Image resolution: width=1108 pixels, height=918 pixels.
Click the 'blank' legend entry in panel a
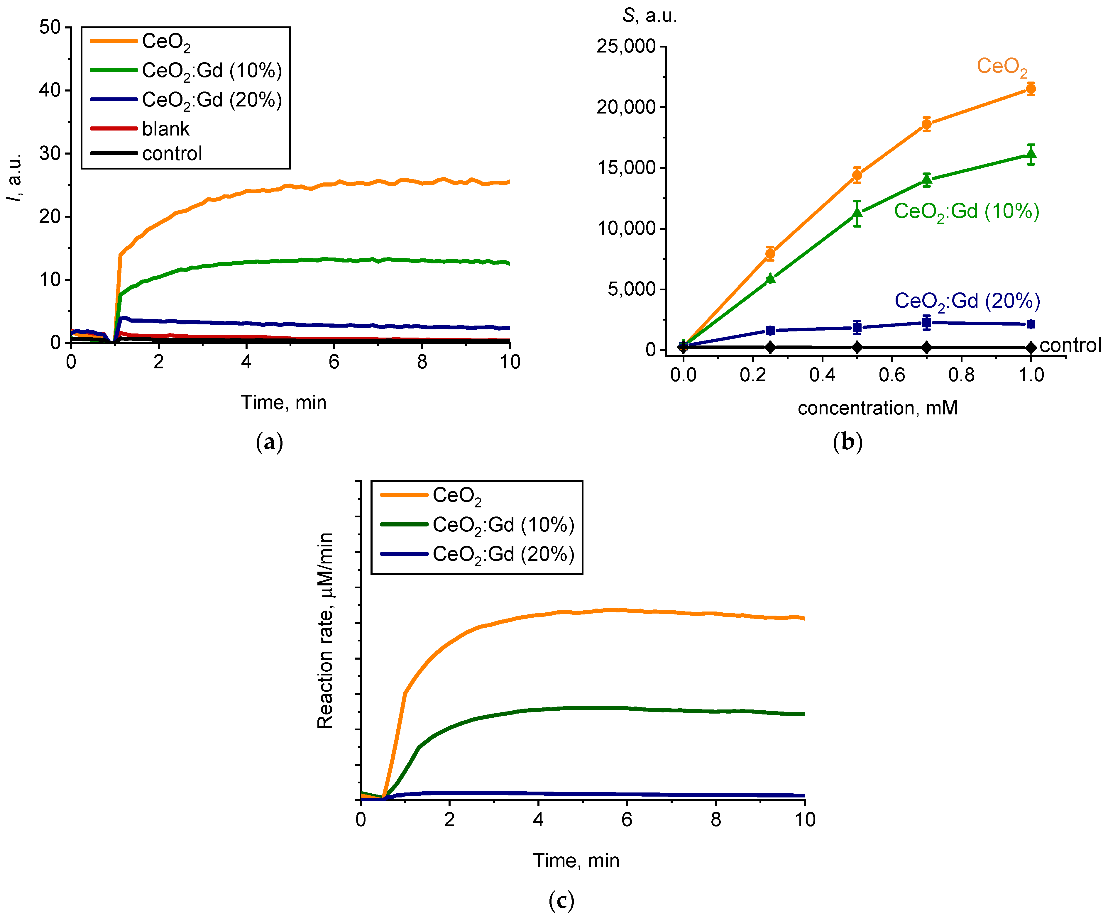click(x=165, y=129)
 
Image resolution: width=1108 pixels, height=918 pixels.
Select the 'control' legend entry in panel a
click(x=172, y=153)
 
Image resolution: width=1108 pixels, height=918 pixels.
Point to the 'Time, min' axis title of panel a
click(x=283, y=403)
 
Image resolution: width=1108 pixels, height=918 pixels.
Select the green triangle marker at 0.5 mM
click(x=857, y=213)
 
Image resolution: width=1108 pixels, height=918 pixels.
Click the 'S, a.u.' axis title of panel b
click(x=649, y=16)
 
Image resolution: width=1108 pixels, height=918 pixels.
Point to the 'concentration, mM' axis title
click(x=877, y=408)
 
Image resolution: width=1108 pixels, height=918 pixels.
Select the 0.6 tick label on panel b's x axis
click(x=892, y=375)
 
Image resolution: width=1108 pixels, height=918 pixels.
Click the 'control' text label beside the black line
click(x=1070, y=345)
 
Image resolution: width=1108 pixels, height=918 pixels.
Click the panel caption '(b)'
click(x=848, y=442)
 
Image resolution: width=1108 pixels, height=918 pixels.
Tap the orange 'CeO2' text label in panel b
click(x=1002, y=67)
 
